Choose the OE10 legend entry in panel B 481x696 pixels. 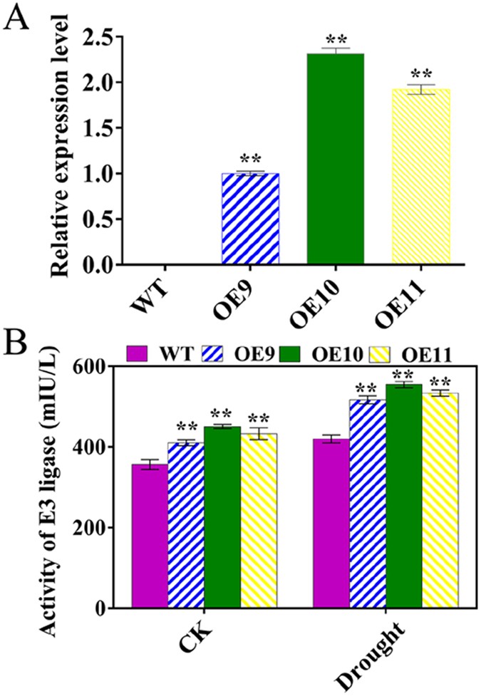333,353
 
